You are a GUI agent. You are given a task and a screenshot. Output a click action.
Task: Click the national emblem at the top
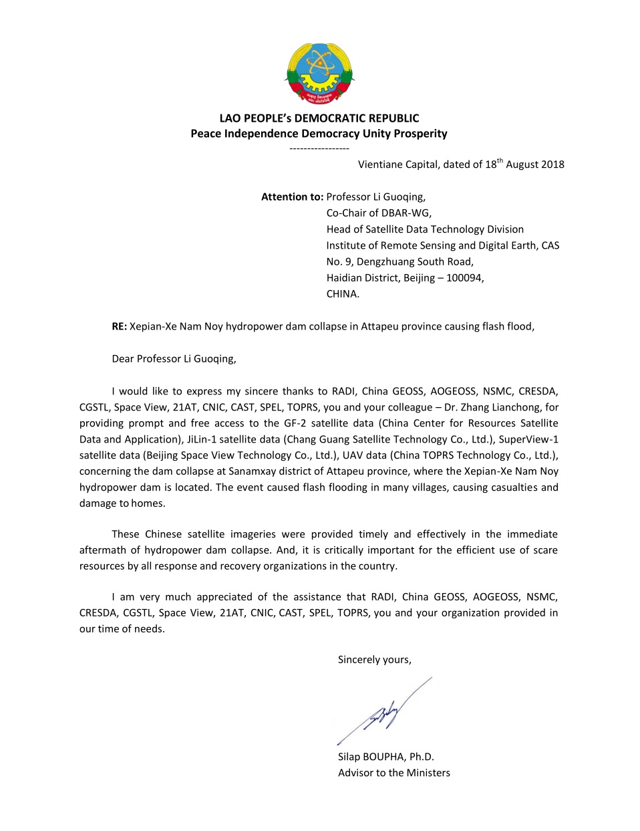[x=319, y=74]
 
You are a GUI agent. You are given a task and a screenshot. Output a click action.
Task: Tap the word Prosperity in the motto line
[x=420, y=134]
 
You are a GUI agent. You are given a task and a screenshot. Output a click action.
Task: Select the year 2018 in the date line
[x=552, y=164]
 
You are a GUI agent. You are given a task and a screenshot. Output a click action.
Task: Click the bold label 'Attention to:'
[x=292, y=197]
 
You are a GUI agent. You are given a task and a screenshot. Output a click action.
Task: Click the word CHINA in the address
[x=342, y=294]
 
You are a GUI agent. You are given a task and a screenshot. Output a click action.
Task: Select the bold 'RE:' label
[x=119, y=327]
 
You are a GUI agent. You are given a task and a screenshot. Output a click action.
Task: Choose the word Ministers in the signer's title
[x=428, y=773]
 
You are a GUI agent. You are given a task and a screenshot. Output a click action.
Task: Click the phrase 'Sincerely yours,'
[x=374, y=660]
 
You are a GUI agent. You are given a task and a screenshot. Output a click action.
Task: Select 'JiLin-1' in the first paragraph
[x=204, y=439]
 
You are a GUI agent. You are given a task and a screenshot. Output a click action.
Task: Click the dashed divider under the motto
[x=319, y=148]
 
